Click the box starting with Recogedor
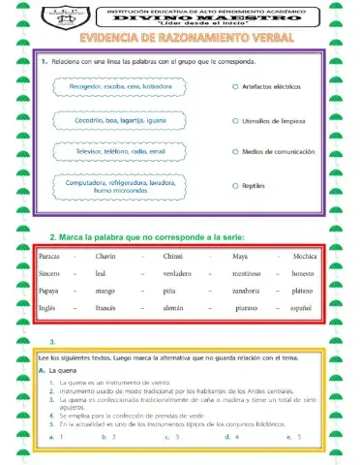[x=118, y=87]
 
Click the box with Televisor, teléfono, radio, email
[x=118, y=152]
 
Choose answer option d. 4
[x=232, y=437]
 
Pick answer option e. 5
[x=294, y=437]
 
